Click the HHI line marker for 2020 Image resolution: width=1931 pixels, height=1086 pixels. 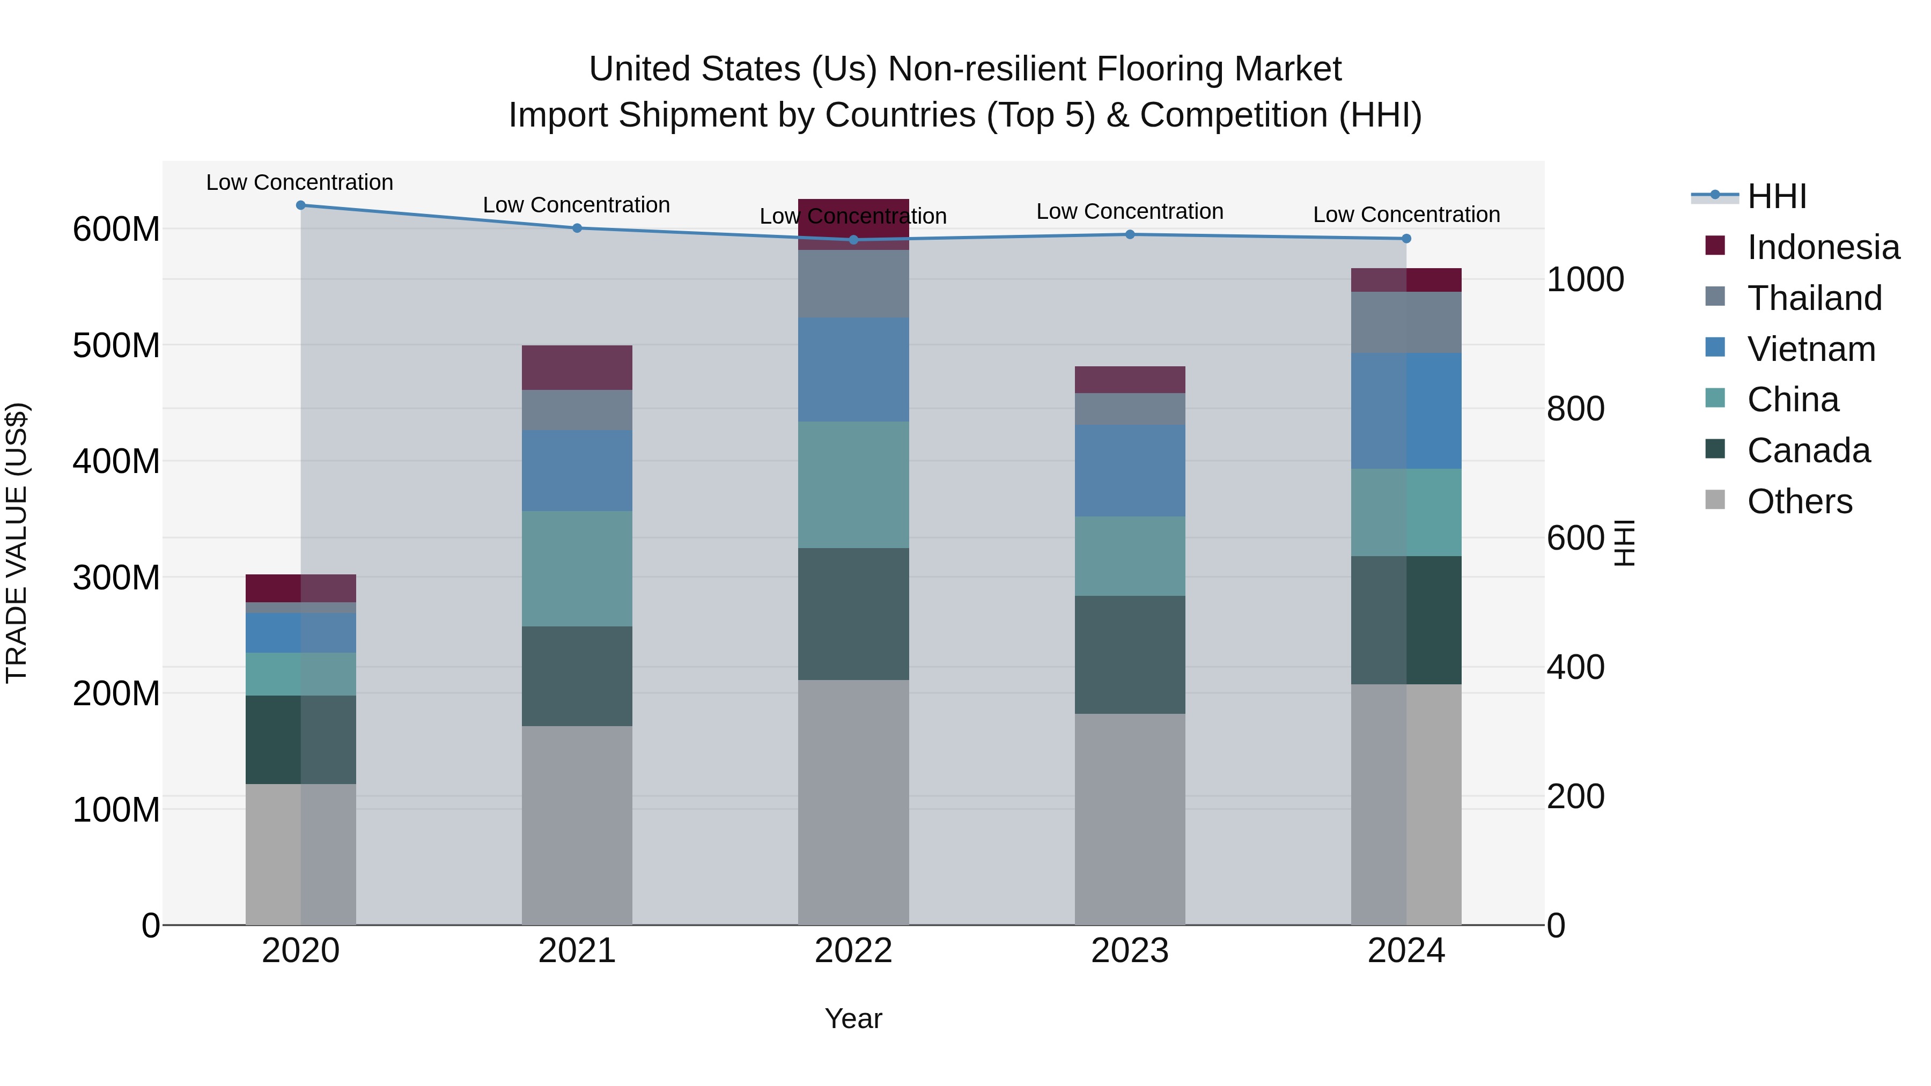coord(300,205)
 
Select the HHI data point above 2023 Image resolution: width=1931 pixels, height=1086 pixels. coord(1130,234)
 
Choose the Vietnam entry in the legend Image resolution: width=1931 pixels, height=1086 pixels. coord(1810,349)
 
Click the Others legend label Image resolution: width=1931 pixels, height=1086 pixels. coord(1799,501)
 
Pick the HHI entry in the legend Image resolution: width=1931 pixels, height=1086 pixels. coord(1776,196)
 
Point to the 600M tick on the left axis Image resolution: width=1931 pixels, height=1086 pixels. coord(116,230)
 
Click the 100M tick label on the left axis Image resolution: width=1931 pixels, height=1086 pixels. coord(116,810)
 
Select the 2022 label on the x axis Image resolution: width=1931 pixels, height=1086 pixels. coord(853,951)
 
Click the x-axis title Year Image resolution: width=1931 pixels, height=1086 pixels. coord(853,1018)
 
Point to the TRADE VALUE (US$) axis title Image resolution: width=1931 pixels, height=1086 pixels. coord(17,543)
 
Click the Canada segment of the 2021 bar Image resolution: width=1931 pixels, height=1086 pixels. coord(577,676)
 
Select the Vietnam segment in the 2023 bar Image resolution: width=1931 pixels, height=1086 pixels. coord(1130,471)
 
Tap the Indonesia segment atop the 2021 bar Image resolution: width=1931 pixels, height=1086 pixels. coord(577,367)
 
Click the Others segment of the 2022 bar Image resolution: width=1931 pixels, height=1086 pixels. coord(853,802)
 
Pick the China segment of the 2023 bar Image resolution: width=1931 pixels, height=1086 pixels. coord(1130,556)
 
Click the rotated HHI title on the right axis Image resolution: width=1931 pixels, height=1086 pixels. coord(1624,543)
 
